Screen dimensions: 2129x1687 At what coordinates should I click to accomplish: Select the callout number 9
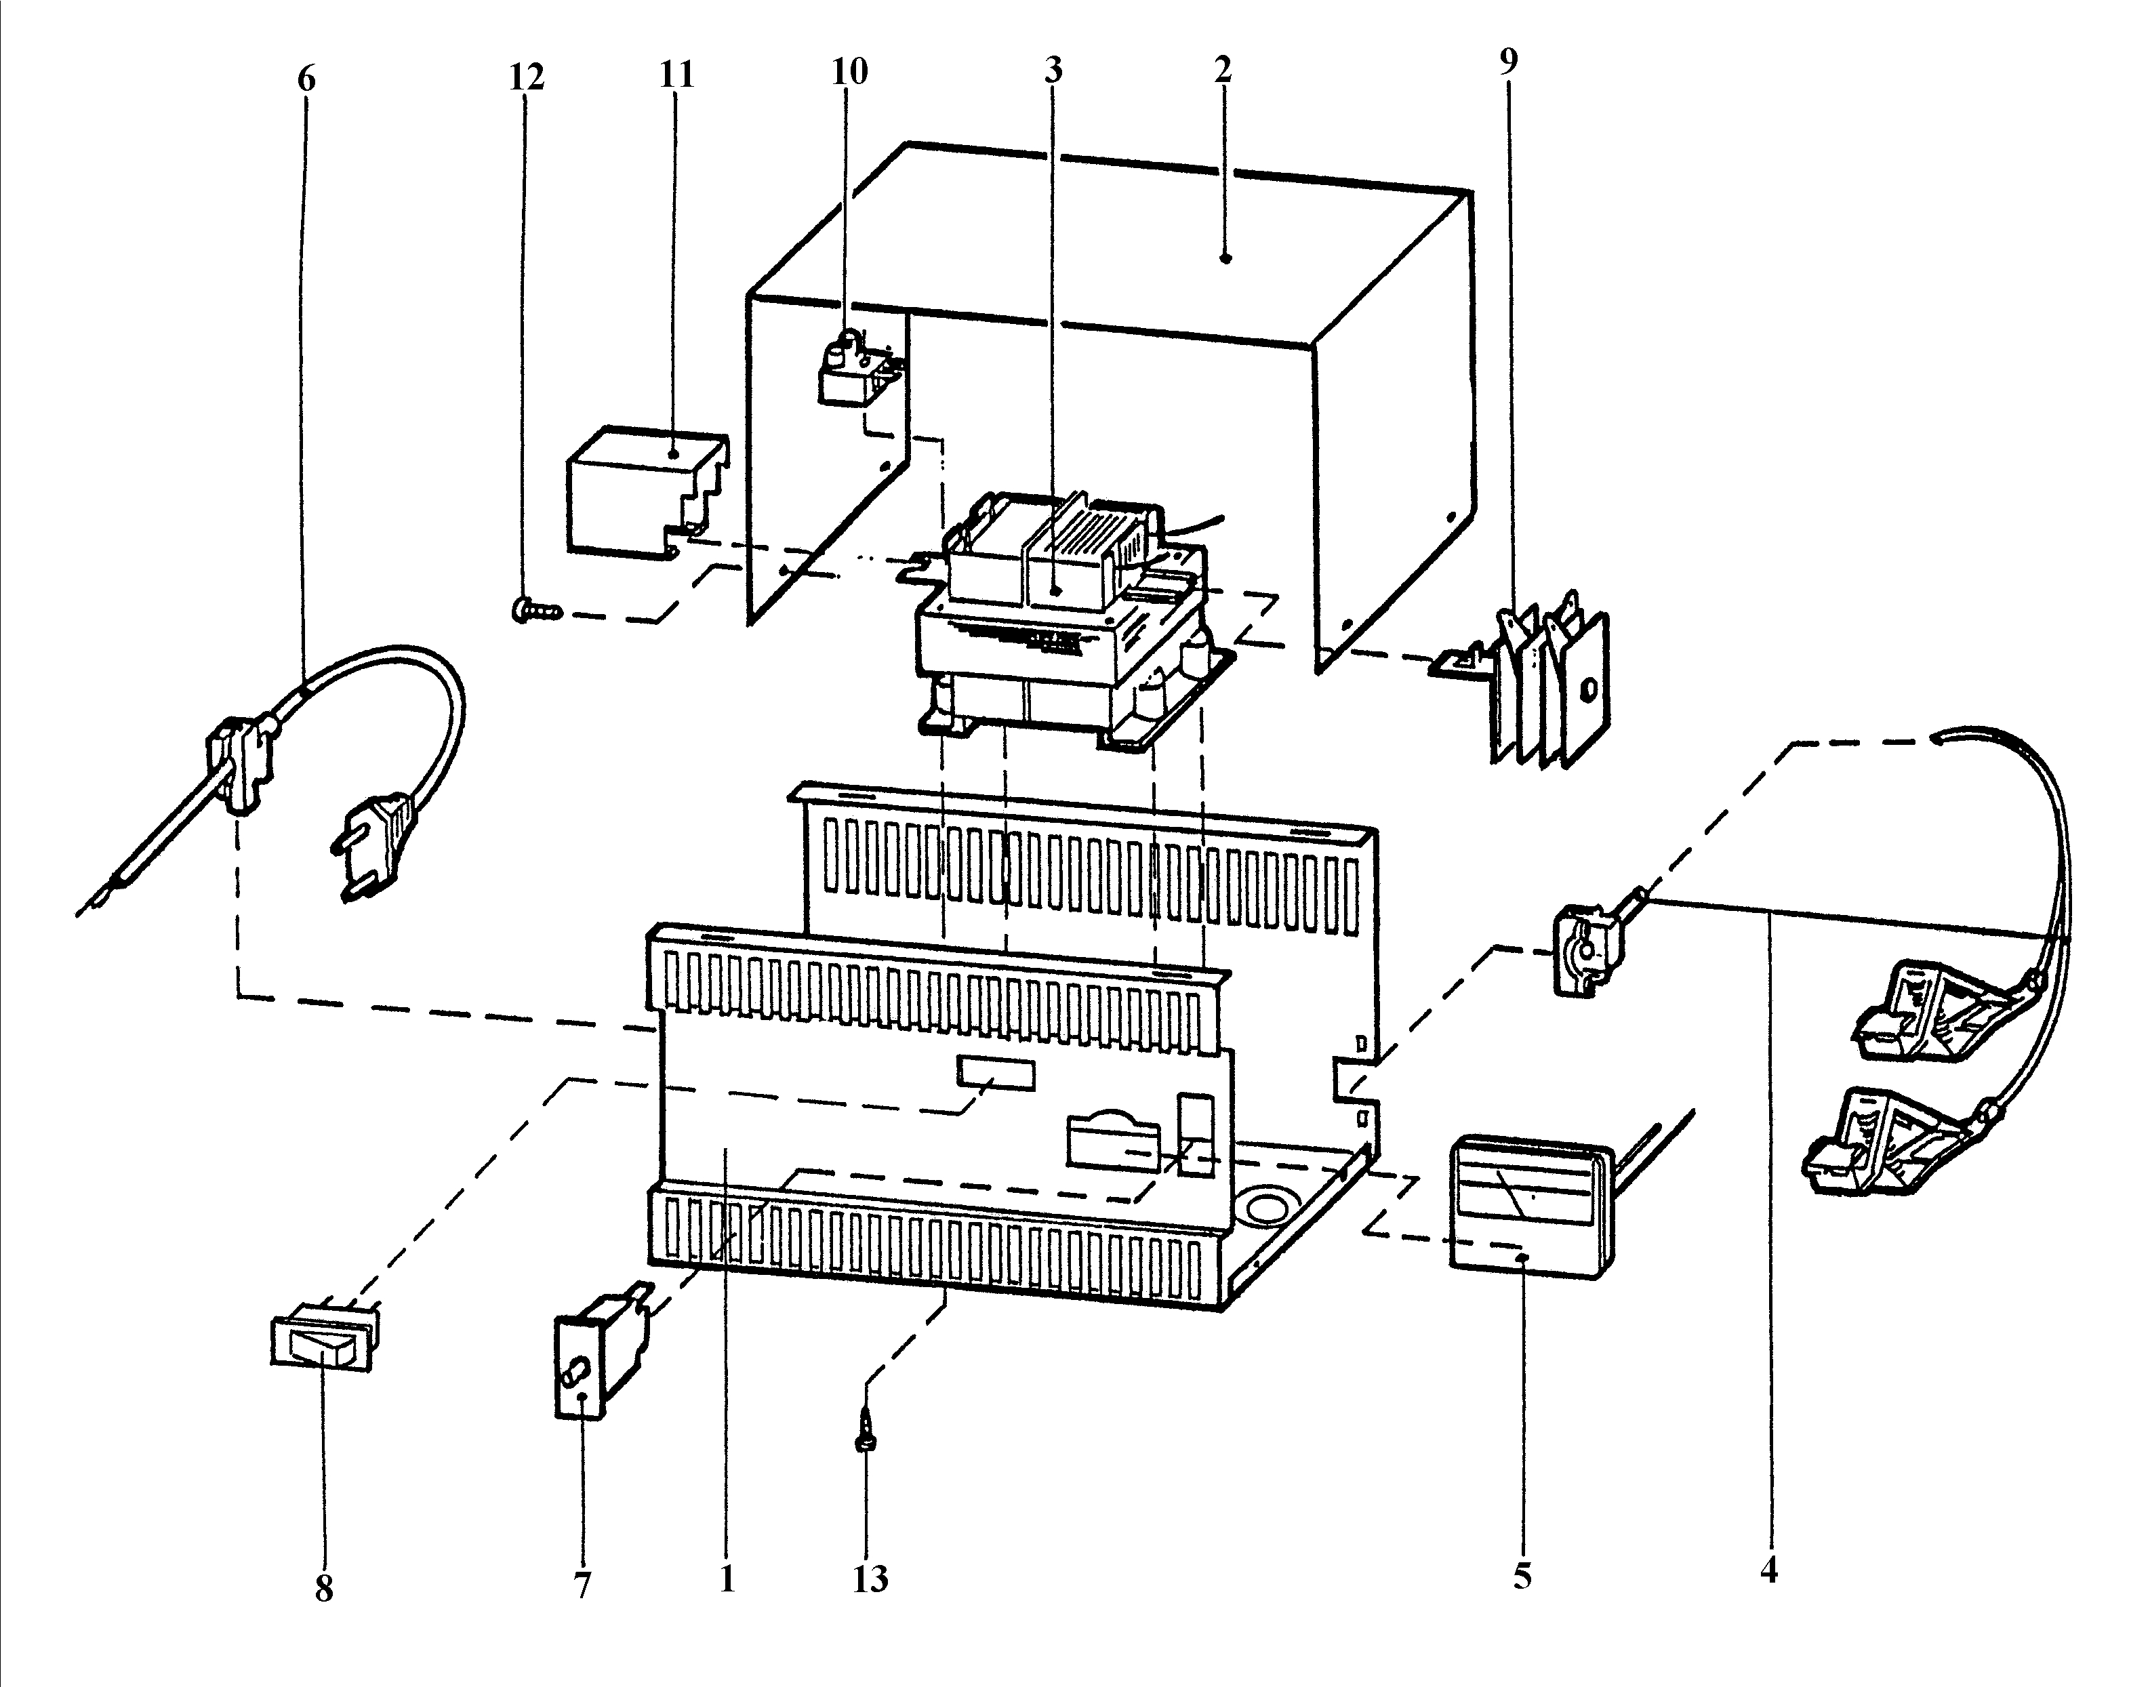pyautogui.click(x=1508, y=61)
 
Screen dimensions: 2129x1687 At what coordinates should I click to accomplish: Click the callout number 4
pyautogui.click(x=1768, y=1570)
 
